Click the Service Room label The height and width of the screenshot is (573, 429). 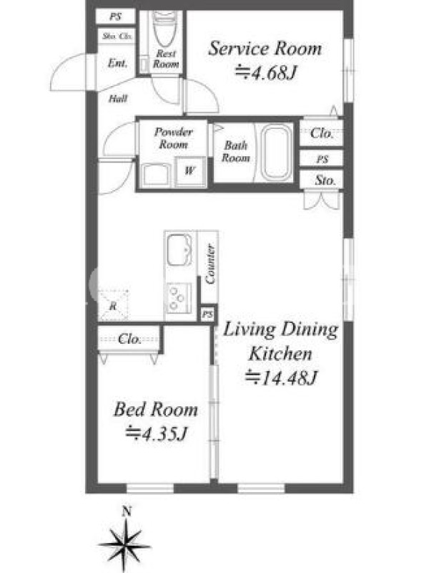click(265, 49)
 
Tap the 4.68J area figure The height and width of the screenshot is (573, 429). click(266, 73)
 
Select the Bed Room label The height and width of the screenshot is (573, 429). click(156, 409)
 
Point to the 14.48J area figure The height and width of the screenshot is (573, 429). click(281, 377)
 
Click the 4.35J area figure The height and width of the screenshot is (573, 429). click(157, 434)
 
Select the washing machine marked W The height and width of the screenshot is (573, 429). click(189, 171)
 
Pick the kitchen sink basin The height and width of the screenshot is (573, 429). click(179, 249)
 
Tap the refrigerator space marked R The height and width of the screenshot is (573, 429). click(113, 305)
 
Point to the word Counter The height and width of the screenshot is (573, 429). click(209, 264)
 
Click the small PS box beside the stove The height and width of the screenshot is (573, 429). click(207, 314)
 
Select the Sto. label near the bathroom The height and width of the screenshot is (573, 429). click(325, 180)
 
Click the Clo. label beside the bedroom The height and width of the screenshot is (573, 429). click(129, 339)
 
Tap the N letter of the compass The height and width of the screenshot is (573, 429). click(127, 511)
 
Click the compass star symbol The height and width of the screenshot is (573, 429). click(125, 545)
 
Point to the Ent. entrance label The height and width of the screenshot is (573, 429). click(117, 63)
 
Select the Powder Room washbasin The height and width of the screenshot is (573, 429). click(156, 175)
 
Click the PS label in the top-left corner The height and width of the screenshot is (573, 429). click(115, 16)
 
